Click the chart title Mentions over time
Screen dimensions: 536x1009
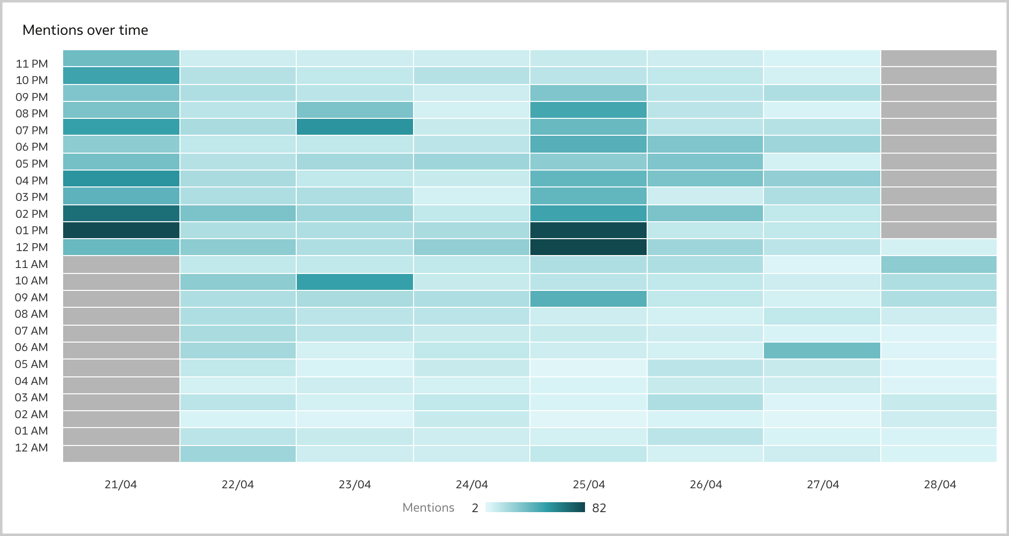[85, 30]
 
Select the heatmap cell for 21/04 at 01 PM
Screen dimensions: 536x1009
[121, 230]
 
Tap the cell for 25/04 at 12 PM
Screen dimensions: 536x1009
[589, 247]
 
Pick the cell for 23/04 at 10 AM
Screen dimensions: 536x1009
[355, 281]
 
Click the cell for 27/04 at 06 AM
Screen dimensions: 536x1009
[822, 351]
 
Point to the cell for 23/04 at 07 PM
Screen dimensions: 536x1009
[355, 127]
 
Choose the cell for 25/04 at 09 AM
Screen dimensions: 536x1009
[589, 298]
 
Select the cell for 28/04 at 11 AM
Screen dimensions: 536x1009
[939, 264]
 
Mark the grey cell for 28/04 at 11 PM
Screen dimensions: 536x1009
[939, 58]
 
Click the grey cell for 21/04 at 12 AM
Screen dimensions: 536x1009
[121, 453]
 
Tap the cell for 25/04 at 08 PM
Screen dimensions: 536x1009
[589, 110]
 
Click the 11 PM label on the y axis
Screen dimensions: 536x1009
[32, 64]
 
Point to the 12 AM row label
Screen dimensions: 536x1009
[32, 447]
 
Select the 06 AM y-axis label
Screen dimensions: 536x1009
[32, 347]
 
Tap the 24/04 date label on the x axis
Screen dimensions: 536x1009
[472, 484]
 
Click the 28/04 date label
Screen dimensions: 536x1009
[939, 484]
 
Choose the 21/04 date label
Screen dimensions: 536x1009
[121, 484]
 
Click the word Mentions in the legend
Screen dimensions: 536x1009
[428, 508]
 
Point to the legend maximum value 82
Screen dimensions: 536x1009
[599, 508]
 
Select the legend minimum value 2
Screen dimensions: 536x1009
[475, 508]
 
